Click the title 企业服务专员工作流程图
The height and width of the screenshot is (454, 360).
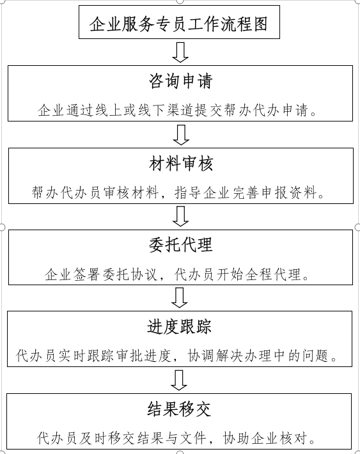[178, 24]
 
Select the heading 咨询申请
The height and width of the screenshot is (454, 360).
[181, 81]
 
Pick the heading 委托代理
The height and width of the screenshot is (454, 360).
[181, 245]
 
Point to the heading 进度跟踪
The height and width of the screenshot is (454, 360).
[180, 327]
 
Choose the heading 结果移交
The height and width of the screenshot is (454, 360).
[179, 409]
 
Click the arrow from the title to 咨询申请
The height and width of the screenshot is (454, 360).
[180, 52]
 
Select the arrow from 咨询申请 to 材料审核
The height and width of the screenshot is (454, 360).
[181, 135]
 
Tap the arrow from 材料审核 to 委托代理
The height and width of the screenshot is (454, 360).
[181, 216]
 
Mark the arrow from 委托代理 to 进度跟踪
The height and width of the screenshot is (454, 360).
[180, 297]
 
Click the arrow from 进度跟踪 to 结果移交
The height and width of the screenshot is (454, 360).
[179, 380]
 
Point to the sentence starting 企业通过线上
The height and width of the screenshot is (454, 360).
[177, 111]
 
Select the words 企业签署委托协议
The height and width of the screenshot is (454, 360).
[100, 274]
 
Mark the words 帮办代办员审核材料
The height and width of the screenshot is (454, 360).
[95, 192]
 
